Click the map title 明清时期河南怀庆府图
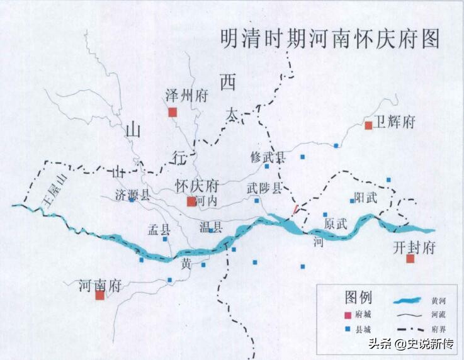pyautogui.click(x=329, y=39)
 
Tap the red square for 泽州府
pyautogui.click(x=173, y=112)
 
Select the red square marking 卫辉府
pyautogui.click(x=368, y=125)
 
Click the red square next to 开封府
pyautogui.click(x=410, y=258)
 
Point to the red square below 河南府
pyautogui.click(x=99, y=295)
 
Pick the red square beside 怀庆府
pyautogui.click(x=191, y=201)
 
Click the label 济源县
pyautogui.click(x=133, y=194)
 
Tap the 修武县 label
pyautogui.click(x=268, y=156)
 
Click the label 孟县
pyautogui.click(x=159, y=228)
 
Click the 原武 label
pyautogui.click(x=336, y=223)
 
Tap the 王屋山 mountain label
pyautogui.click(x=55, y=191)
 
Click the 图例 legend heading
pyautogui.click(x=359, y=296)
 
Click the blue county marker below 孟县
pyautogui.click(x=166, y=239)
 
